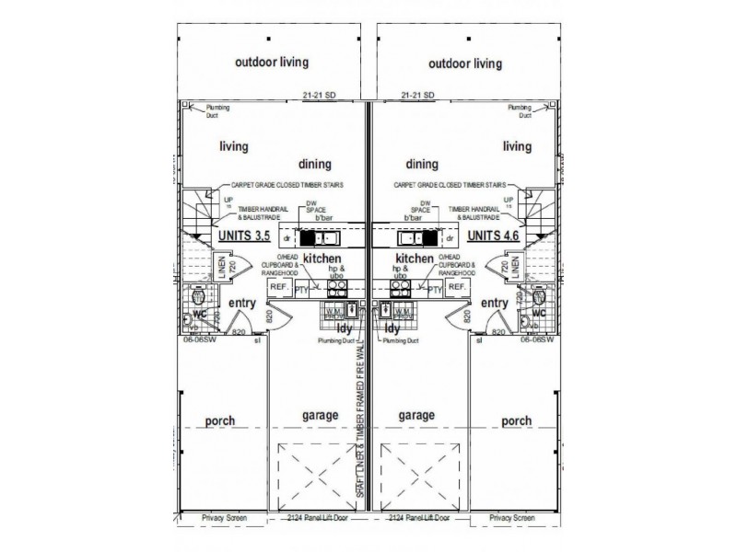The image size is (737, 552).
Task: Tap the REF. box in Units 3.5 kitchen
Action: tap(278, 288)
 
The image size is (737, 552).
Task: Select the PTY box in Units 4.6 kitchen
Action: tap(437, 288)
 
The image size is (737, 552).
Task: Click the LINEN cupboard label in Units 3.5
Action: tap(223, 267)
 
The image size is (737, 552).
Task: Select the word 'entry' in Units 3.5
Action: tap(243, 303)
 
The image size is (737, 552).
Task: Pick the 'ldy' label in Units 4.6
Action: tap(392, 328)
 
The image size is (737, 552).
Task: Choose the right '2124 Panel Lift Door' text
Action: tap(418, 518)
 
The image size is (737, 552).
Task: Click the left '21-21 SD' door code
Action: tap(319, 95)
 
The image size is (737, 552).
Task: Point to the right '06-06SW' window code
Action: tap(536, 339)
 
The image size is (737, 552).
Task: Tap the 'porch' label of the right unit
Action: tap(517, 421)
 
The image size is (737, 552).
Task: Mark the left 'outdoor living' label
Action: tap(272, 63)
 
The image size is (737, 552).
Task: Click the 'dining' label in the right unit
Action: tap(422, 165)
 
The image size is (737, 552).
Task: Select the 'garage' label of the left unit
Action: tap(320, 415)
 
